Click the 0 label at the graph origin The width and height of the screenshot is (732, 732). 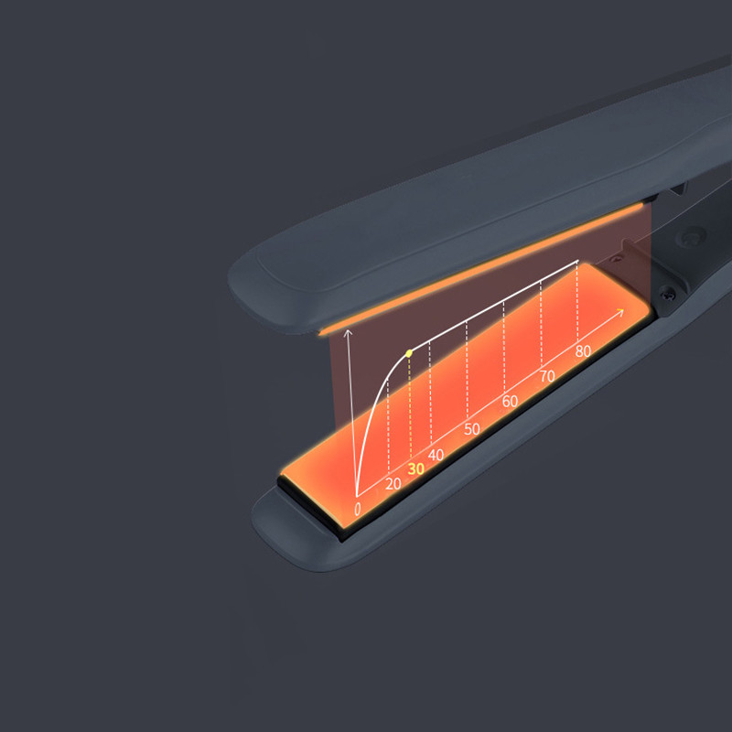[358, 510]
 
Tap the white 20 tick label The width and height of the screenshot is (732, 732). [393, 484]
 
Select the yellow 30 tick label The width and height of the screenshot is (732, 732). [415, 468]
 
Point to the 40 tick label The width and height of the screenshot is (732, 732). [436, 455]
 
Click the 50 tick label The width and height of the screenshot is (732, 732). [472, 429]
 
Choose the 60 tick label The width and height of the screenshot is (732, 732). [510, 402]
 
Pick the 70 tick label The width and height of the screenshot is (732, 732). [547, 376]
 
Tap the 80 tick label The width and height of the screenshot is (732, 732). [583, 351]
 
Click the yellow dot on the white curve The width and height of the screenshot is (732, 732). [409, 353]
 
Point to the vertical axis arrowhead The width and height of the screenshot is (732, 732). [348, 333]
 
